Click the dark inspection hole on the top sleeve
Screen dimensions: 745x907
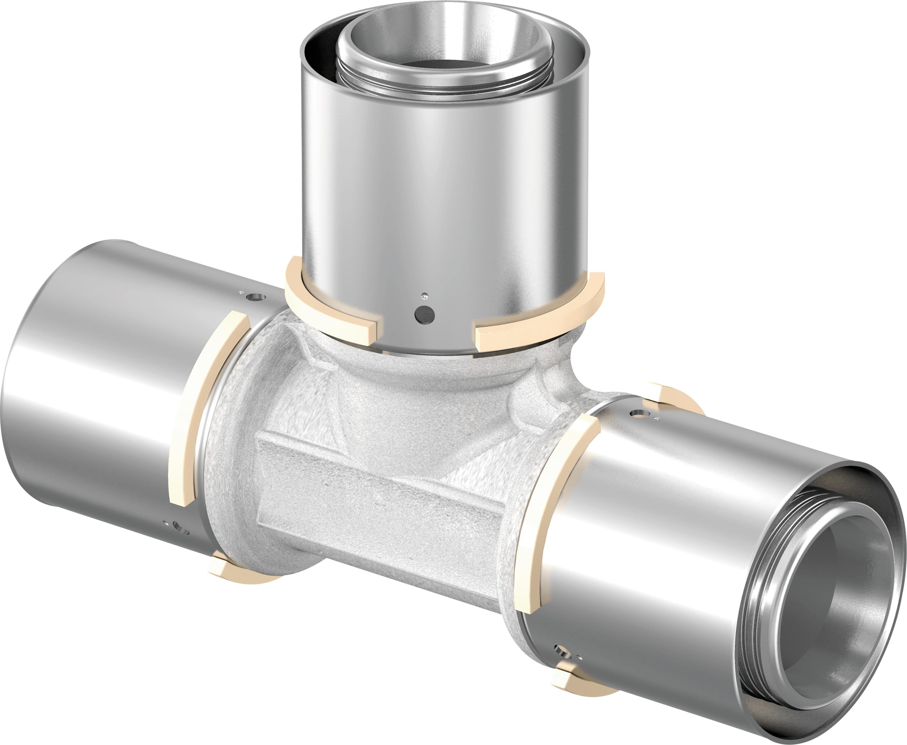pyautogui.click(x=425, y=315)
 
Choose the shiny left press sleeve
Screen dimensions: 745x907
pyautogui.click(x=99, y=386)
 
